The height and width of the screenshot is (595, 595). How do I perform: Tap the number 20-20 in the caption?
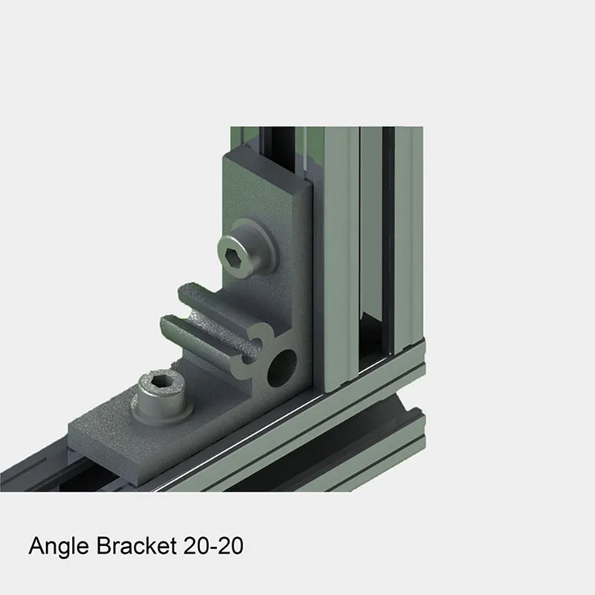pyautogui.click(x=212, y=547)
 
